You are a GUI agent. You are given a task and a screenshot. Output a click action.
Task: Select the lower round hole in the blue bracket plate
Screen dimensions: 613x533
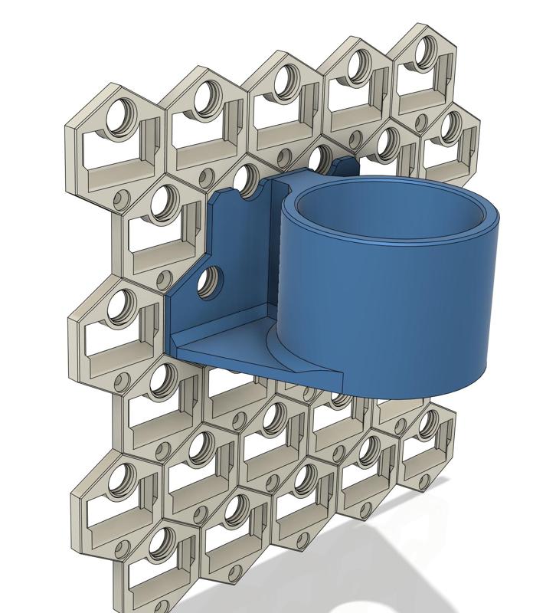pyautogui.click(x=207, y=283)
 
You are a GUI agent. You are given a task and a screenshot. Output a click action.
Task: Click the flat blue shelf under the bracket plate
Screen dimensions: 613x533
pyautogui.click(x=222, y=349)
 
